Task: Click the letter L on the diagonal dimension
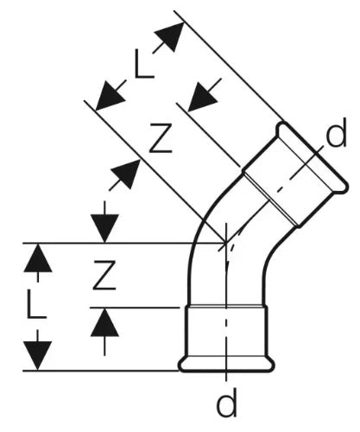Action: click(x=144, y=64)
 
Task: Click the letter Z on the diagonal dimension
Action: click(x=161, y=138)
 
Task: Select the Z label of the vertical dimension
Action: click(x=104, y=275)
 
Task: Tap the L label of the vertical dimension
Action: click(x=36, y=304)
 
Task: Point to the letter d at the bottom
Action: click(x=227, y=402)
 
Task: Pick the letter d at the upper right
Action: click(x=336, y=132)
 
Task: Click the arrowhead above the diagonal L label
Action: click(x=170, y=36)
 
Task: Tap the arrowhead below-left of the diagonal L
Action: click(x=109, y=96)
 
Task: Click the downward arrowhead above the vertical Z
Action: click(x=104, y=228)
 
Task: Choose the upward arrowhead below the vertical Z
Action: click(x=104, y=322)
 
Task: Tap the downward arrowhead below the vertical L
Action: click(x=38, y=356)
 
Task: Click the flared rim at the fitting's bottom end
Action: click(x=226, y=365)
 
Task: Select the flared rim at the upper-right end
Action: click(x=313, y=156)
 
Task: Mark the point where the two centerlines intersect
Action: click(x=226, y=244)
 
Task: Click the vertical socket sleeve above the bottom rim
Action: click(x=226, y=332)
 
